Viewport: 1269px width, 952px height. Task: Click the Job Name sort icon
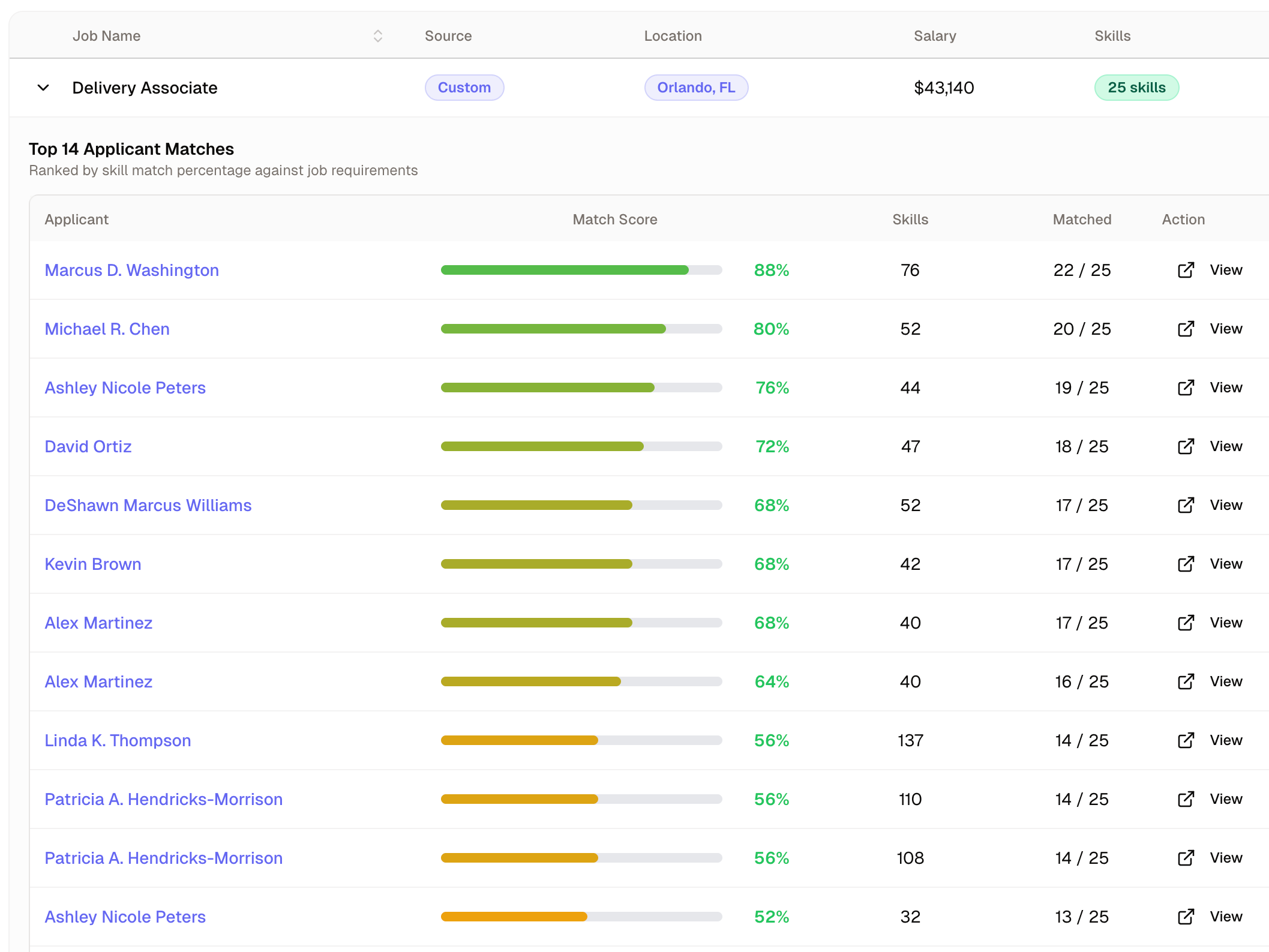click(377, 36)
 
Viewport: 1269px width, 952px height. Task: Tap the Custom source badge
click(464, 88)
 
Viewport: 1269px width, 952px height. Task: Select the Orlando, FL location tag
click(695, 88)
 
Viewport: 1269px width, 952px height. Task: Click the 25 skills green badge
click(1136, 88)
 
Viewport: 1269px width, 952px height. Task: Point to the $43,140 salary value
click(943, 88)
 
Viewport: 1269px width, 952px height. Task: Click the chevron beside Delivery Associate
click(43, 88)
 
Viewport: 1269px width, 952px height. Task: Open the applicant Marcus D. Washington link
click(131, 270)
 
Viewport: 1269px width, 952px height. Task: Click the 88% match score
click(771, 270)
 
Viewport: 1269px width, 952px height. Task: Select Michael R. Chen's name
click(107, 329)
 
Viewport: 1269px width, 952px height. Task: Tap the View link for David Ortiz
click(1225, 446)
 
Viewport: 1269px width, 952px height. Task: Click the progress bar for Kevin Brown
click(581, 564)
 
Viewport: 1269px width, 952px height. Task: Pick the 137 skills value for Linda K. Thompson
click(910, 740)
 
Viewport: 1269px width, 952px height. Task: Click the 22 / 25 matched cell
click(1082, 270)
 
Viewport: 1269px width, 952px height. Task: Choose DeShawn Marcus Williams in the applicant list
click(148, 505)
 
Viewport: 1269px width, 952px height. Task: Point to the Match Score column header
click(614, 220)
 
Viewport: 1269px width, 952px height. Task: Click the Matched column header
click(1082, 220)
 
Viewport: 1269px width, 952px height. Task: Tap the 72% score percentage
click(772, 446)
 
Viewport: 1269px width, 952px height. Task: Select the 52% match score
click(771, 917)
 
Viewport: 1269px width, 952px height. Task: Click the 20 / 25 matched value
click(1082, 329)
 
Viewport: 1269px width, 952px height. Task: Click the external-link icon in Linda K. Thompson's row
click(1185, 740)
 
